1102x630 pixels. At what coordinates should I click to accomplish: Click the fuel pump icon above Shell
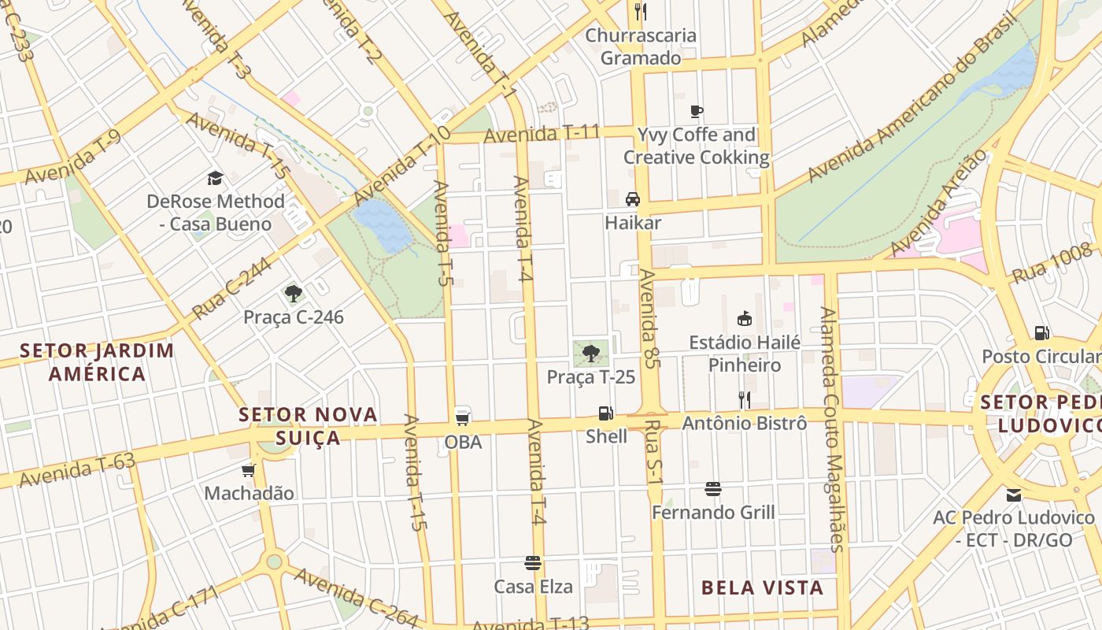tap(605, 413)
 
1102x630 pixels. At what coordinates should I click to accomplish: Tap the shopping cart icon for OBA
tap(463, 417)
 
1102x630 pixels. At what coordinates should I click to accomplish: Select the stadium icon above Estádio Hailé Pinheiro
tap(744, 319)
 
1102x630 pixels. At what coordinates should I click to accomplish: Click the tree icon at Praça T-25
tap(591, 353)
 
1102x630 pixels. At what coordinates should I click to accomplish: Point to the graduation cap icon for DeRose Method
tap(215, 178)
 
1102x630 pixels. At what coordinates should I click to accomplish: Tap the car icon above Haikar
tap(632, 198)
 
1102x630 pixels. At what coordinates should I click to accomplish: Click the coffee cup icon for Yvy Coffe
tap(696, 111)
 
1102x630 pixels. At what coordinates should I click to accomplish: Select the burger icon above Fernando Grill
tap(713, 489)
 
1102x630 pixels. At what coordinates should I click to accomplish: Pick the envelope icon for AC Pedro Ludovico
tap(1013, 495)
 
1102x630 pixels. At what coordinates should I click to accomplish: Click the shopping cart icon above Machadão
tap(249, 470)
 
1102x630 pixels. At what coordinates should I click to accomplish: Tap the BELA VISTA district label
tap(762, 587)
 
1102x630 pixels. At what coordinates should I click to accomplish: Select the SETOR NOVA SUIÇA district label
tap(308, 426)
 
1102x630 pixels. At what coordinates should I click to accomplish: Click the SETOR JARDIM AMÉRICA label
tap(97, 361)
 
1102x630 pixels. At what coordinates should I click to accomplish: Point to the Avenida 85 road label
tap(649, 319)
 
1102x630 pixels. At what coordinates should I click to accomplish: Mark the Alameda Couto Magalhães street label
tap(831, 429)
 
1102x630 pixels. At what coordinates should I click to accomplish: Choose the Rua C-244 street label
tap(231, 288)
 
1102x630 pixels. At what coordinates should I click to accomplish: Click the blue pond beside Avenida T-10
tap(383, 224)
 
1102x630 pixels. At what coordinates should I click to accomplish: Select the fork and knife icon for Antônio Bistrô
tap(744, 399)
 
